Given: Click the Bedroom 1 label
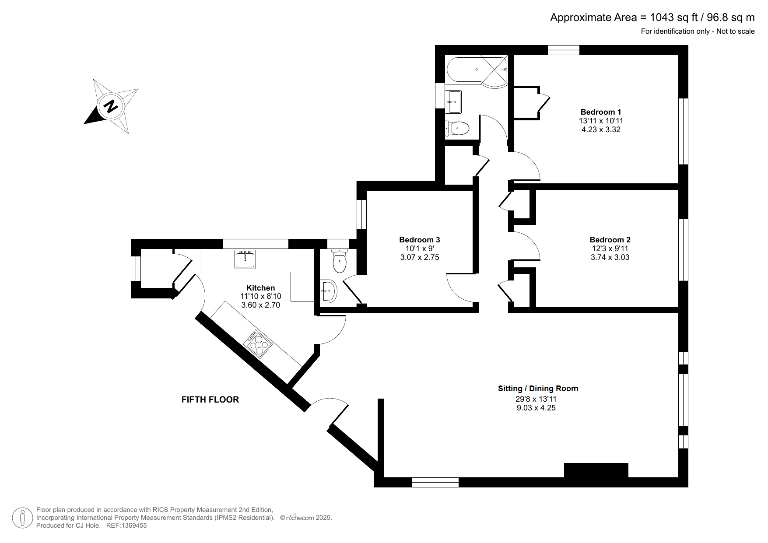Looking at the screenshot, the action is [600, 112].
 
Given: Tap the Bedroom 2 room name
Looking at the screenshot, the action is [610, 240].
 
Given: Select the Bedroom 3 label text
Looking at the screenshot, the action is [419, 240].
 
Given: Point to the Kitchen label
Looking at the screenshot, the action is [261, 288].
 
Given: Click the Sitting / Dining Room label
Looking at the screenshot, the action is [538, 389].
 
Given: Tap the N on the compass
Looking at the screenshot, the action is [111, 106].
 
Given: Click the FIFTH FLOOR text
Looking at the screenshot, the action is [210, 399].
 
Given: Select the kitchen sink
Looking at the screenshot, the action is [245, 259].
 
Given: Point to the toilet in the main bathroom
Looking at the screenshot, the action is [457, 128].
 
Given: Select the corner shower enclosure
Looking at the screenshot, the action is [494, 71].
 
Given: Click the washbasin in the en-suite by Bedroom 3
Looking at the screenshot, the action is [328, 291].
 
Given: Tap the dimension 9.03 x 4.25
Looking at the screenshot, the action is [536, 408].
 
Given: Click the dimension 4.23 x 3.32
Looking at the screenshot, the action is [600, 130].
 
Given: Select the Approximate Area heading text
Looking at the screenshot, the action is [652, 18].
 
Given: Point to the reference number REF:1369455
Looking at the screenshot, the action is [126, 525].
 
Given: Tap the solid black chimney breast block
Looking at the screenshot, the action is [596, 470].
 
